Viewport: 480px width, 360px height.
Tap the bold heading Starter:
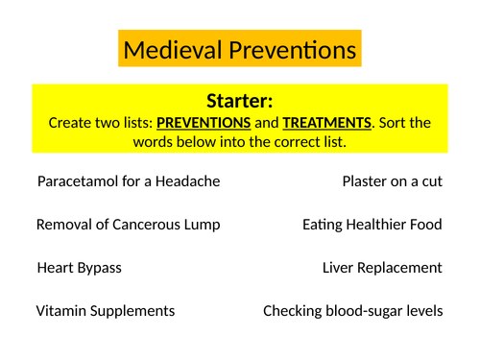pos(240,101)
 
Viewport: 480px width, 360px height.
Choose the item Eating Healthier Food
pos(372,224)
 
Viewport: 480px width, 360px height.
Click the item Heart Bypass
pos(79,268)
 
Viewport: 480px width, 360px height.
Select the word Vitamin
pos(60,311)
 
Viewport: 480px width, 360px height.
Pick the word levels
pos(424,311)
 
